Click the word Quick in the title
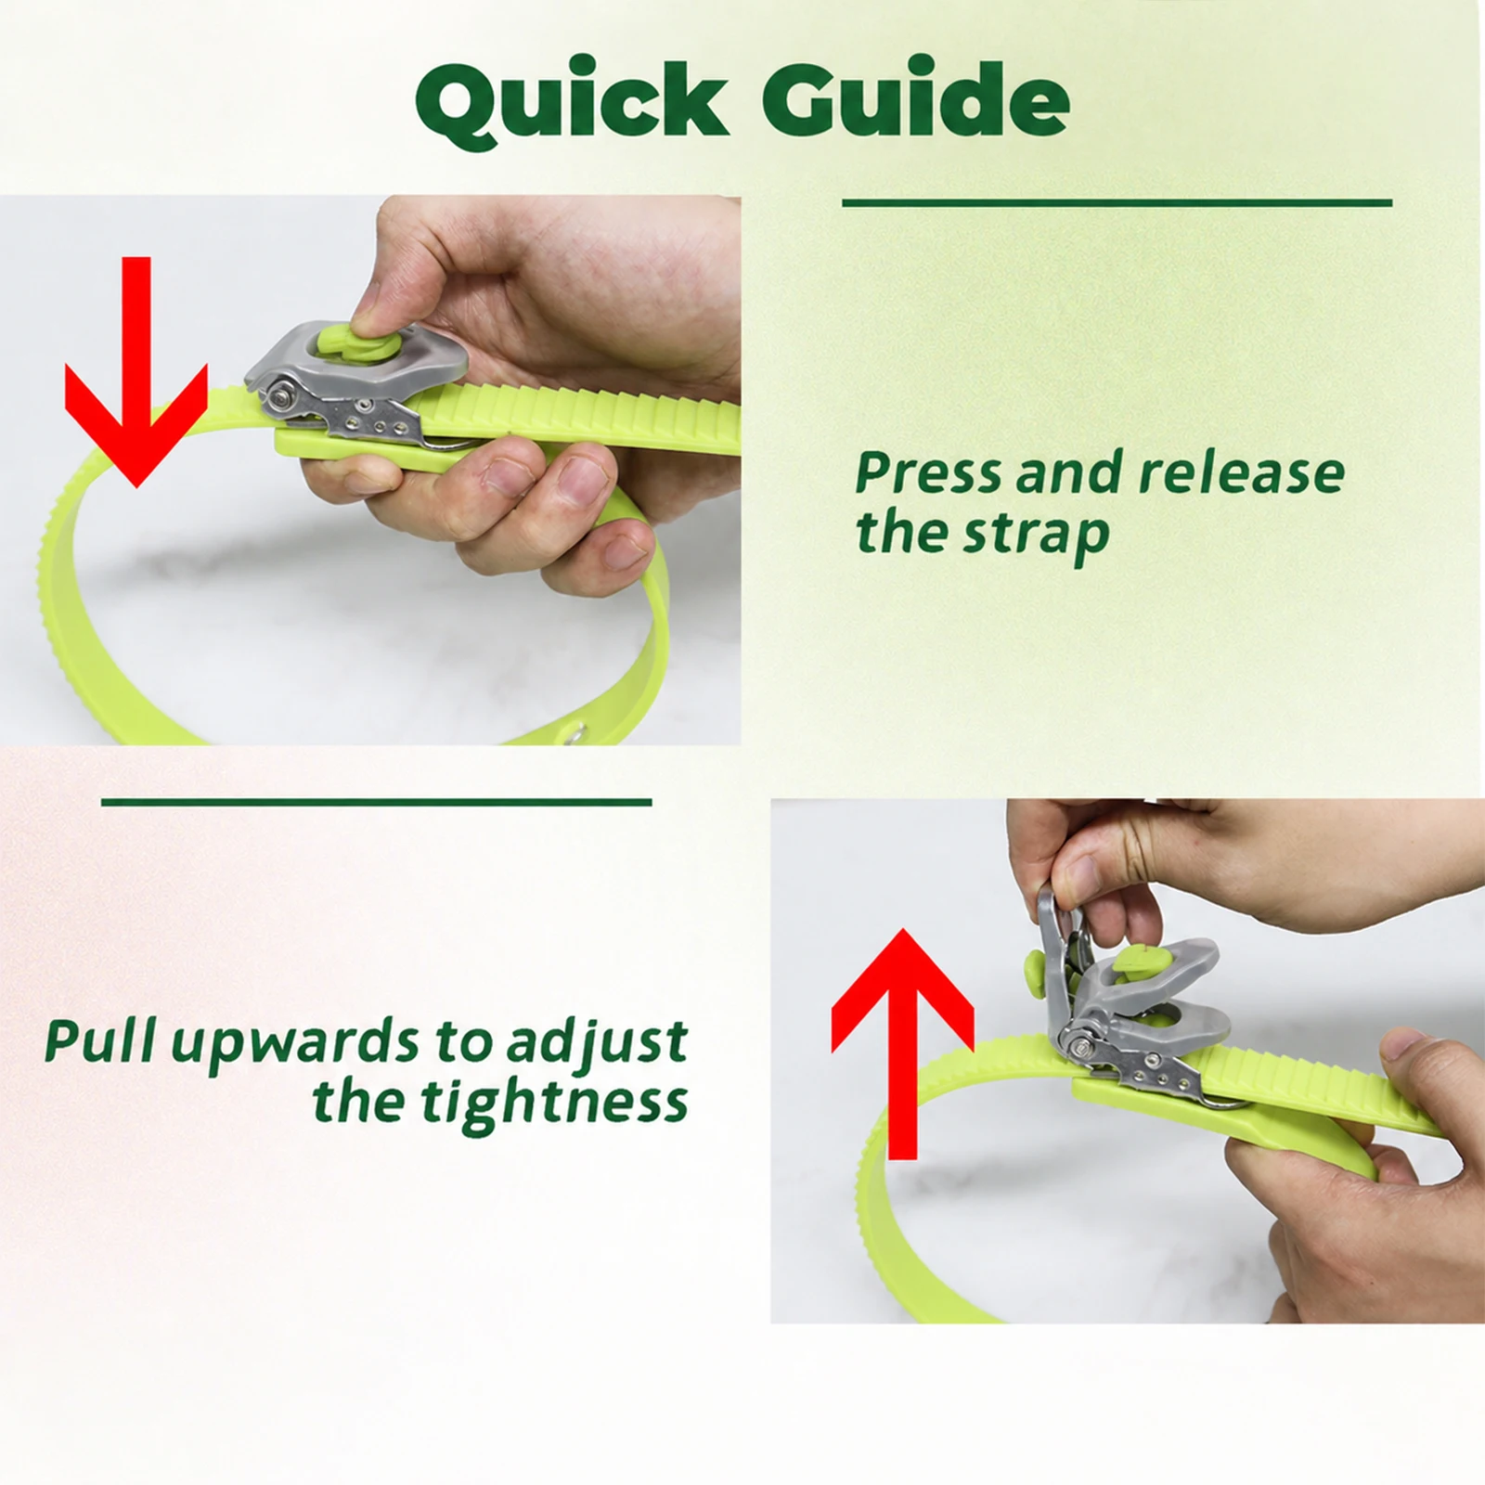coord(572,101)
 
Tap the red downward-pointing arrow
coord(136,371)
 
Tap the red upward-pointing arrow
coord(902,1044)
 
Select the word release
coord(1242,473)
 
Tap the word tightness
coord(554,1104)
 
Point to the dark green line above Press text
coord(1117,202)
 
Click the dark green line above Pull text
coord(377,802)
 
